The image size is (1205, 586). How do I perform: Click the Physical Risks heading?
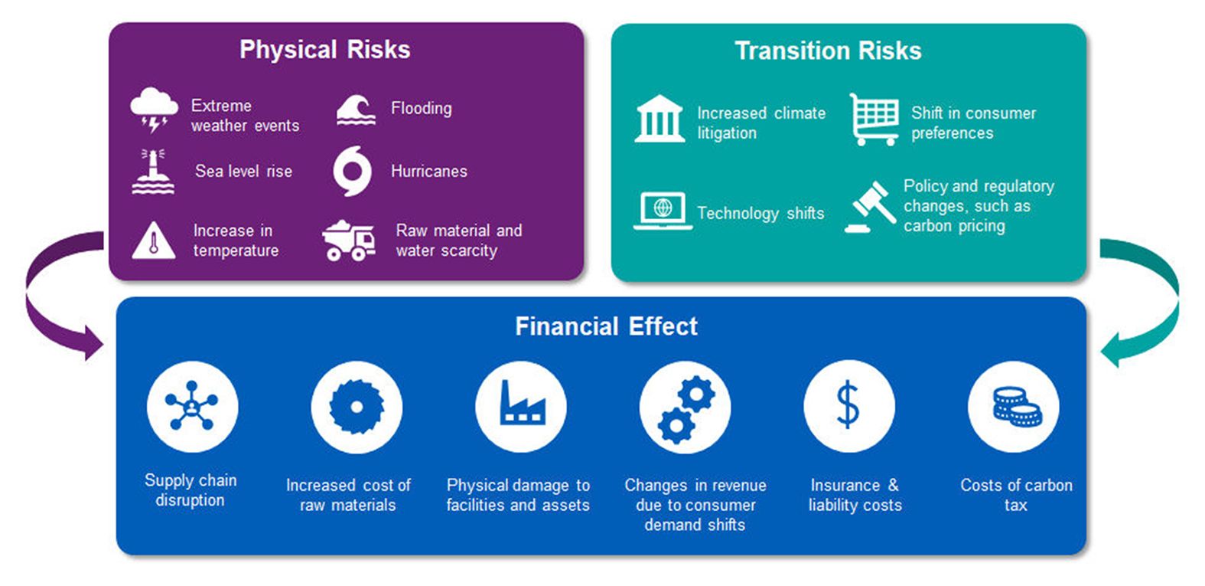click(325, 50)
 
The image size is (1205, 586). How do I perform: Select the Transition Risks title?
click(829, 51)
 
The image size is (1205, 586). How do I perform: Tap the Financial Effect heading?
click(606, 326)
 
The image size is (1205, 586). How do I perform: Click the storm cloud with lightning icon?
click(154, 110)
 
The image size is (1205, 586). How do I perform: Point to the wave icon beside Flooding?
click(356, 110)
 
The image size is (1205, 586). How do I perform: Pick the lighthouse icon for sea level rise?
click(153, 172)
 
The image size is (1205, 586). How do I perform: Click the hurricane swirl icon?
click(353, 172)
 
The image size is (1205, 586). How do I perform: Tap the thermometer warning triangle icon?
click(154, 241)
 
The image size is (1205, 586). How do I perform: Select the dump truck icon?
click(349, 241)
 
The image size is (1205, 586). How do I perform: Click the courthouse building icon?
click(659, 119)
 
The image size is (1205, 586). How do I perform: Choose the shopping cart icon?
click(874, 119)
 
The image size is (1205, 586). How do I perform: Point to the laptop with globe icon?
click(663, 211)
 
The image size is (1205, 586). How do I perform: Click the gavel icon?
click(871, 207)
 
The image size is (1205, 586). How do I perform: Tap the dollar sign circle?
click(849, 406)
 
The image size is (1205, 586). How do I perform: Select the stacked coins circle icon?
click(1014, 407)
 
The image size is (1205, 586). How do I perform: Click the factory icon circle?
click(521, 407)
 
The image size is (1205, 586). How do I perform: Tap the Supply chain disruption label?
click(191, 490)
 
